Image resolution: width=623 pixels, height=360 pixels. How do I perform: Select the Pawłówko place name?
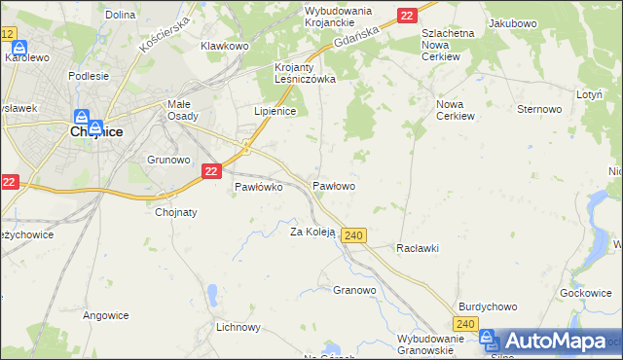(258, 187)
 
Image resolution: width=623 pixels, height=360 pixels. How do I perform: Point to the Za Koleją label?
(312, 232)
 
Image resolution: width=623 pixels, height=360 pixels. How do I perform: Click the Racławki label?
(418, 248)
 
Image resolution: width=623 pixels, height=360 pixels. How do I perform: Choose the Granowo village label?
(354, 290)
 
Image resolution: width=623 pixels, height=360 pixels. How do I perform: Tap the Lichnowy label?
(238, 327)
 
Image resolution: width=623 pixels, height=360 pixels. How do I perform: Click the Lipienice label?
(275, 111)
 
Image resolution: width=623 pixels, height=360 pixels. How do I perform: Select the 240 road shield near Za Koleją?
(354, 235)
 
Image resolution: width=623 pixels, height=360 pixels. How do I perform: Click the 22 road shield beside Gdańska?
(407, 15)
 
